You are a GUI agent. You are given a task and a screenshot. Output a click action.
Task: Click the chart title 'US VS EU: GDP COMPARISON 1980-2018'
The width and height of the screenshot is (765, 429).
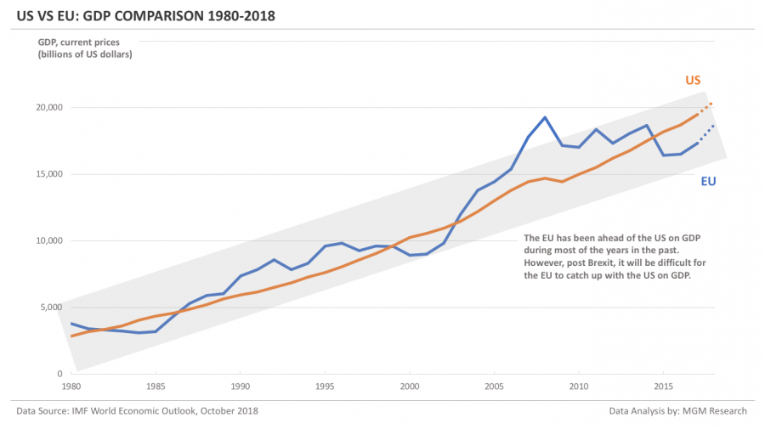tap(144, 16)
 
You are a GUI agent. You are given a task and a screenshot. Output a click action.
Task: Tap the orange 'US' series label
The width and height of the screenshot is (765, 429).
tap(693, 80)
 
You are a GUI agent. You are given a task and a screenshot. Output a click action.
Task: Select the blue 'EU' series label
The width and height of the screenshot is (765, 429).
tap(708, 181)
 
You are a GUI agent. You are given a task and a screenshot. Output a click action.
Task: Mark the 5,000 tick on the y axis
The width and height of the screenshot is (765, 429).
tap(50, 308)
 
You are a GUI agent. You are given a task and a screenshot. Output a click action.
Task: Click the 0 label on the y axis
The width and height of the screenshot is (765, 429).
tap(59, 374)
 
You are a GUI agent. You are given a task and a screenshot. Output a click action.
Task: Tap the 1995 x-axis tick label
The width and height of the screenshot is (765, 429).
tap(325, 385)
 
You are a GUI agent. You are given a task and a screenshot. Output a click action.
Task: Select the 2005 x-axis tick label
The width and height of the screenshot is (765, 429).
tap(494, 385)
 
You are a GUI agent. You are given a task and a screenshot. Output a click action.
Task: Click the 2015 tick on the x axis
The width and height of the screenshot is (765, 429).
tap(663, 385)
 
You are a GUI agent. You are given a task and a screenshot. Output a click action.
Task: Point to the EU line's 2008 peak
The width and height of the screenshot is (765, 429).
tap(545, 117)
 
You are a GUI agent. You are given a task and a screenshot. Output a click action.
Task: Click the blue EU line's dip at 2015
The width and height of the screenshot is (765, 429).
tap(664, 155)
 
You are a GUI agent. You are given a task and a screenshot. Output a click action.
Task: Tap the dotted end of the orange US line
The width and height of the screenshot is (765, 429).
tap(705, 108)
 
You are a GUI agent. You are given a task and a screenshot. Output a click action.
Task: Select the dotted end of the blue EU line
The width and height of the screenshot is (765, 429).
tap(706, 133)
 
